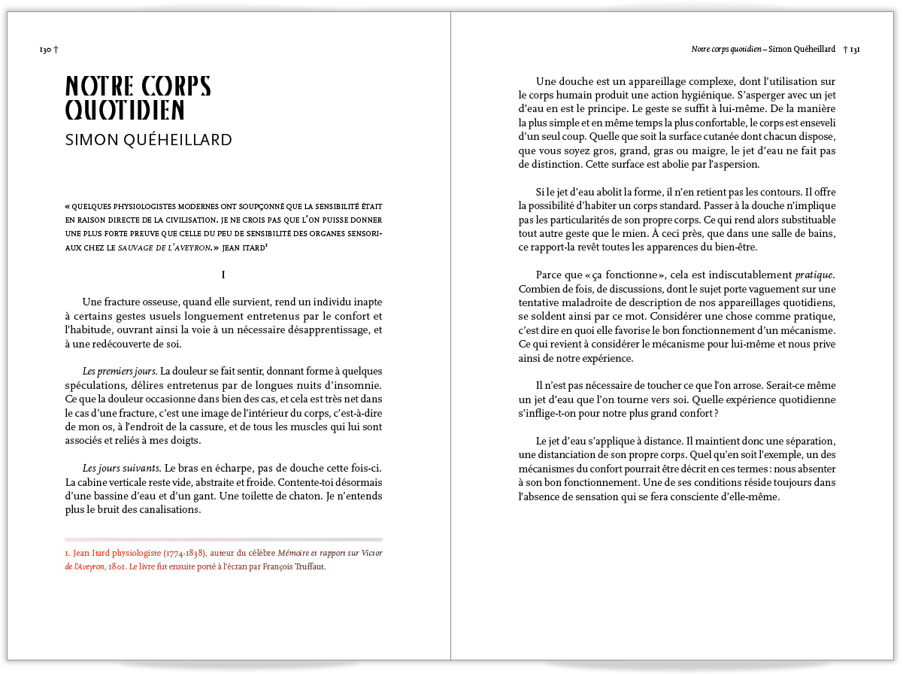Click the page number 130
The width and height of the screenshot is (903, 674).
(44, 50)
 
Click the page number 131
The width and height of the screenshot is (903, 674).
(855, 50)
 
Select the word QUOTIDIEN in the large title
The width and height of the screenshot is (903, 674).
(125, 110)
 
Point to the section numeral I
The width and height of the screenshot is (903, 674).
(223, 276)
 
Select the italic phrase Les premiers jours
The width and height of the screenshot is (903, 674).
(120, 371)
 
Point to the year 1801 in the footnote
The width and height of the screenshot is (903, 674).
(117, 567)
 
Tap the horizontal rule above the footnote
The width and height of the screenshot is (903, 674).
(223, 539)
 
